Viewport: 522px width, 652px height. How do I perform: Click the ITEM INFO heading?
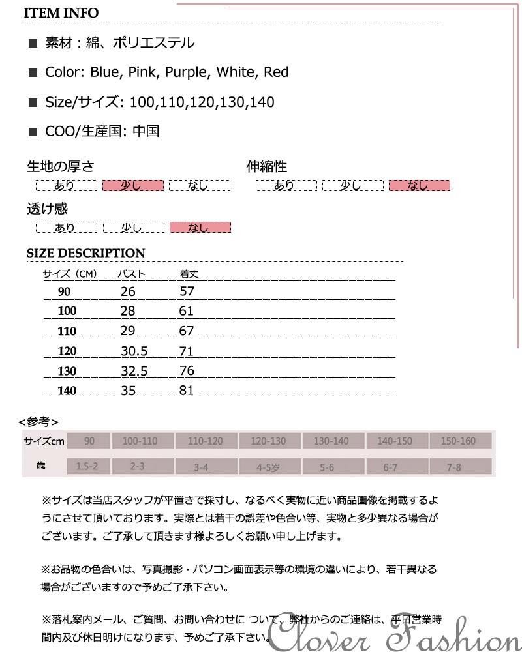63,13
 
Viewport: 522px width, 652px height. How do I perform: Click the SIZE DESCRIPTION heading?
85,253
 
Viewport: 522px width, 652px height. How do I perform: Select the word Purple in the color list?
185,72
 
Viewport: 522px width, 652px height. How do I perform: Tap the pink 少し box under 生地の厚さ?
132,185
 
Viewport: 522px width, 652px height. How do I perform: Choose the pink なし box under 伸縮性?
419,185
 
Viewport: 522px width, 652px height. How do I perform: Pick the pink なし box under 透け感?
200,227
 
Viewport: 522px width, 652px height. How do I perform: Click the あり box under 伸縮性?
285,185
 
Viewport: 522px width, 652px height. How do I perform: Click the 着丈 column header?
189,274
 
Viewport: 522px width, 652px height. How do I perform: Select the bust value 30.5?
134,351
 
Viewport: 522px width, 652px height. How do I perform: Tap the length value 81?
187,391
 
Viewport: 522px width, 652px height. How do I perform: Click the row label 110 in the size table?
67,331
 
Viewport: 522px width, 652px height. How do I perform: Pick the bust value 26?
128,291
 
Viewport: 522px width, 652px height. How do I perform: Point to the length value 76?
187,371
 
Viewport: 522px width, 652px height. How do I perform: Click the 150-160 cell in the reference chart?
458,441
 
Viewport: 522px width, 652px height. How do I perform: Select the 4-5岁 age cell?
268,467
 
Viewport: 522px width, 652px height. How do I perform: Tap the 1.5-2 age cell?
87,467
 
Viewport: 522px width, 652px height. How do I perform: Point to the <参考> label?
38,421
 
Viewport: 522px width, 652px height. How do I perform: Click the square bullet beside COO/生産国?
33,132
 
